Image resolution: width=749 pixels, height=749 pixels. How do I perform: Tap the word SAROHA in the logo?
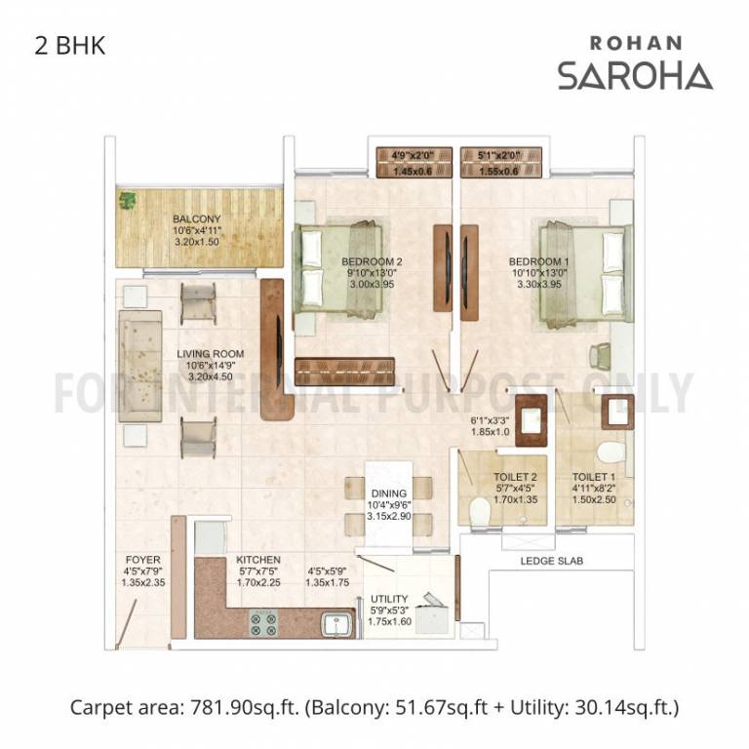(635, 75)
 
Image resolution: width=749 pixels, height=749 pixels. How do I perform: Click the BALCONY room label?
(196, 219)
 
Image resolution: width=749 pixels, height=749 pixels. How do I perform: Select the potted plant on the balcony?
(128, 202)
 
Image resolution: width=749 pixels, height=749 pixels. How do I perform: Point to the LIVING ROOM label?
(210, 354)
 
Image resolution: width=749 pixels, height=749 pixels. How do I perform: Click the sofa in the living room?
(140, 366)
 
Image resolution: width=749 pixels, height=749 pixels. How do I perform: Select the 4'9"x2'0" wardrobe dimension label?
(414, 154)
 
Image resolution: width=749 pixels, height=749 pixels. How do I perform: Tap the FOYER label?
(143, 561)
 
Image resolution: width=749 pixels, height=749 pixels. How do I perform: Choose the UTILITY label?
(389, 599)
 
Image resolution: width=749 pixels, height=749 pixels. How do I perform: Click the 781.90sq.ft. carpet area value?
(253, 705)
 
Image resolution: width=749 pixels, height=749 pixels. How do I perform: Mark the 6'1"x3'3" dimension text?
(491, 420)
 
